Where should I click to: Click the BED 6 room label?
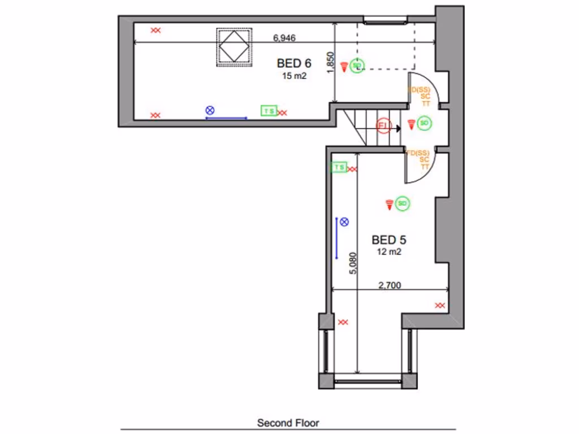(x=293, y=63)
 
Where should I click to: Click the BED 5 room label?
(x=388, y=240)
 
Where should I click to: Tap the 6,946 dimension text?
(x=284, y=38)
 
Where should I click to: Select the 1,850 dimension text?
(x=331, y=63)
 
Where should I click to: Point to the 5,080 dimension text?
(x=353, y=263)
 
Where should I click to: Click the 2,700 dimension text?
(x=389, y=285)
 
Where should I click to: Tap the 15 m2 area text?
(x=294, y=76)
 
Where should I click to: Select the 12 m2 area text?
(x=389, y=252)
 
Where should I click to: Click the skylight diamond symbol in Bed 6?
(x=234, y=47)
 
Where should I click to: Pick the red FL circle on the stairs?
(x=384, y=125)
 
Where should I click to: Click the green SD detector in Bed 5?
(x=403, y=203)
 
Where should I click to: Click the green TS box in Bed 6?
(x=268, y=111)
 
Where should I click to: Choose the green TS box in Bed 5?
(x=339, y=167)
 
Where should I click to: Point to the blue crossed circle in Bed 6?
(x=210, y=110)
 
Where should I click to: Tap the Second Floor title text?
(x=288, y=423)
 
